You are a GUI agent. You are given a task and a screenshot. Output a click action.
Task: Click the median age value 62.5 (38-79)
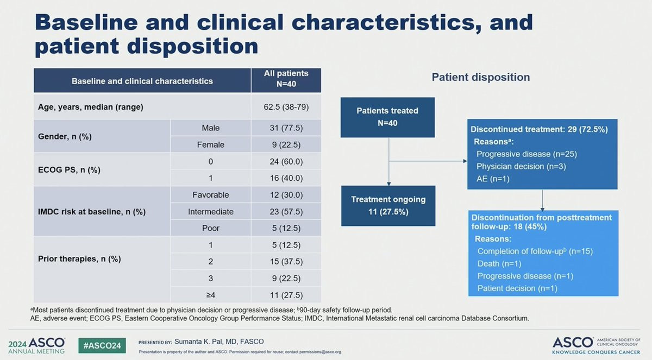pyautogui.click(x=286, y=107)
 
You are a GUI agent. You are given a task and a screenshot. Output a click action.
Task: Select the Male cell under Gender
pyautogui.click(x=210, y=128)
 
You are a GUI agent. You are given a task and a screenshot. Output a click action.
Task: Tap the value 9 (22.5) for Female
pyautogui.click(x=286, y=144)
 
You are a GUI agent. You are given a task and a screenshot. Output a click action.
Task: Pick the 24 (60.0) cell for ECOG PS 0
pyautogui.click(x=286, y=161)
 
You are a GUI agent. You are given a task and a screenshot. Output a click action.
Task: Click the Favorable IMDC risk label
pyautogui.click(x=210, y=195)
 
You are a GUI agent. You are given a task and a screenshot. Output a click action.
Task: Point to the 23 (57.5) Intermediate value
pyautogui.click(x=286, y=211)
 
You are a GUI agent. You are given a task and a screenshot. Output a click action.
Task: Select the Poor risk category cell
pyautogui.click(x=210, y=228)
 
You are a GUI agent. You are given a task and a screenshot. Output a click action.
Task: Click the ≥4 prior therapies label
pyautogui.click(x=210, y=295)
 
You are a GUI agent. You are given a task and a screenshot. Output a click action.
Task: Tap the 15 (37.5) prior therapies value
pyautogui.click(x=286, y=261)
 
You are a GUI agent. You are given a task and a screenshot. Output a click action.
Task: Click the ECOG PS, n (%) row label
pyautogui.click(x=69, y=170)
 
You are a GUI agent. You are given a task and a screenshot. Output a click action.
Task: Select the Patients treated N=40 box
pyautogui.click(x=387, y=117)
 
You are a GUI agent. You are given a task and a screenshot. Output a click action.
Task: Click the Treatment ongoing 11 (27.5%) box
pyautogui.click(x=388, y=206)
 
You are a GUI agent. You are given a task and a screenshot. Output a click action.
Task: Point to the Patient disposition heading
pyautogui.click(x=480, y=77)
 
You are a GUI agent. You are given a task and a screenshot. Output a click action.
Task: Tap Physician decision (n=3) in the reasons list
pyautogui.click(x=521, y=166)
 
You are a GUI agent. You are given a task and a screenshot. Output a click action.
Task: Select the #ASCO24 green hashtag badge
pyautogui.click(x=102, y=345)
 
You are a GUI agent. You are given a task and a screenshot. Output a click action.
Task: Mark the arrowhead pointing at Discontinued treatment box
pyautogui.click(x=465, y=161)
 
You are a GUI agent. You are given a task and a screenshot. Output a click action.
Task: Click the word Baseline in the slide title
pyautogui.click(x=86, y=22)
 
